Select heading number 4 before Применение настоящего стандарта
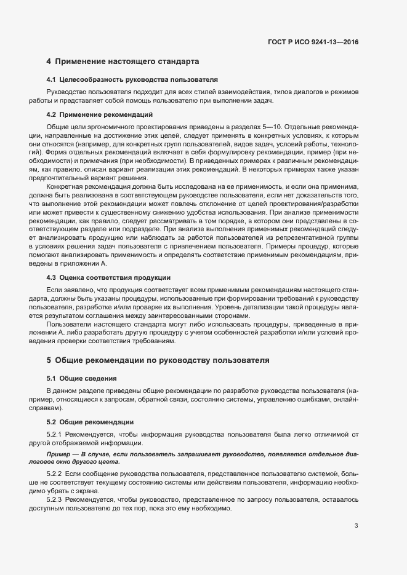click(x=49, y=61)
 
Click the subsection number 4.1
click(x=52, y=81)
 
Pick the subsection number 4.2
click(x=52, y=114)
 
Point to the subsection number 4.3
click(x=52, y=277)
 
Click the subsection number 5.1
click(x=52, y=378)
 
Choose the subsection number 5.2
click(x=52, y=422)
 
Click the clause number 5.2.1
click(x=57, y=434)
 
